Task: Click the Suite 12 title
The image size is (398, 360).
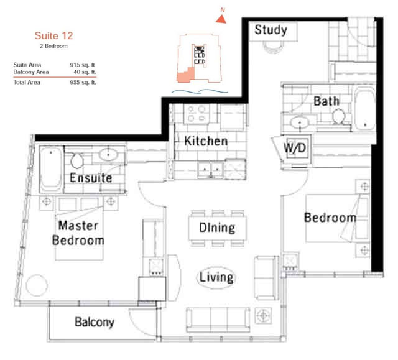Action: (x=53, y=36)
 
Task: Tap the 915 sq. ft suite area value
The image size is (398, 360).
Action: (x=82, y=65)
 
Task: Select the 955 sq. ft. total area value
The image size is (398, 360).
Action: (x=83, y=82)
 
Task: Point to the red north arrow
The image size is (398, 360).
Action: (x=221, y=19)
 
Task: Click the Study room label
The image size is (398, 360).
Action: (x=271, y=30)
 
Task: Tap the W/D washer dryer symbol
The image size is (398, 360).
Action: (x=295, y=147)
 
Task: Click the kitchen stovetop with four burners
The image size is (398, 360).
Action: (x=197, y=114)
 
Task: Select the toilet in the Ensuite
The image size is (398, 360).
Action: (x=77, y=160)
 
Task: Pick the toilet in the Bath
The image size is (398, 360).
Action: (x=339, y=116)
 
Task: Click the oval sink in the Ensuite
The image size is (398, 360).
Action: (x=108, y=154)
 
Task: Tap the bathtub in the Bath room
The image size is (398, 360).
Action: (x=365, y=109)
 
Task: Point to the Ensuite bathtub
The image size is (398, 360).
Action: (x=51, y=169)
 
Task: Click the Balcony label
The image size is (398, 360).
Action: (x=95, y=322)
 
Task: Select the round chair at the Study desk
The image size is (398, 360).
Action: (x=272, y=47)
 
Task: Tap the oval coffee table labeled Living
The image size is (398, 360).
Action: (x=216, y=277)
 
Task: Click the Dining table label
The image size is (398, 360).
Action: (x=217, y=228)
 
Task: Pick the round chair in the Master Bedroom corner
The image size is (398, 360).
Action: (x=37, y=285)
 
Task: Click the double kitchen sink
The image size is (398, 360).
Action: (x=211, y=169)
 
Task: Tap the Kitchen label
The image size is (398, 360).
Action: (x=206, y=141)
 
